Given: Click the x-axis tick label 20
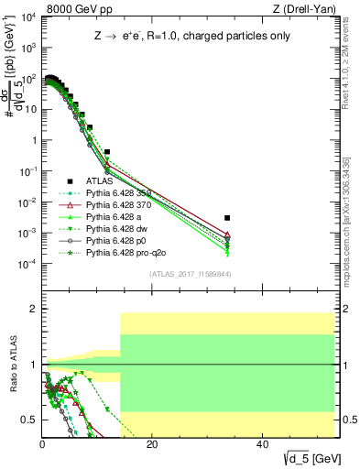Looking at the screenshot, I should [x=152, y=444].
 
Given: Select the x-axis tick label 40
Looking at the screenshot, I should [x=261, y=444].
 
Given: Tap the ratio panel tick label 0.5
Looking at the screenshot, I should [x=28, y=420].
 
